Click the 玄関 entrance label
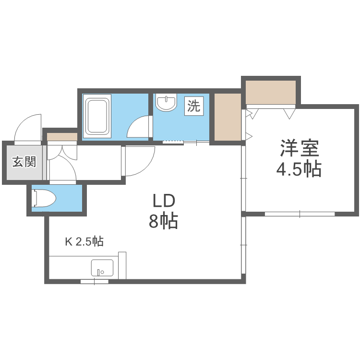(x=24, y=162)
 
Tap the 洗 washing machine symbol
(x=194, y=106)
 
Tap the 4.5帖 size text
(x=299, y=169)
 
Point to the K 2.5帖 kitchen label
(x=84, y=241)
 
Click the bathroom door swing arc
(x=139, y=127)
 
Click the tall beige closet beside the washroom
(x=227, y=117)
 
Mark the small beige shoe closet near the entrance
(x=61, y=137)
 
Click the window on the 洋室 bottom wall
(x=300, y=213)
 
